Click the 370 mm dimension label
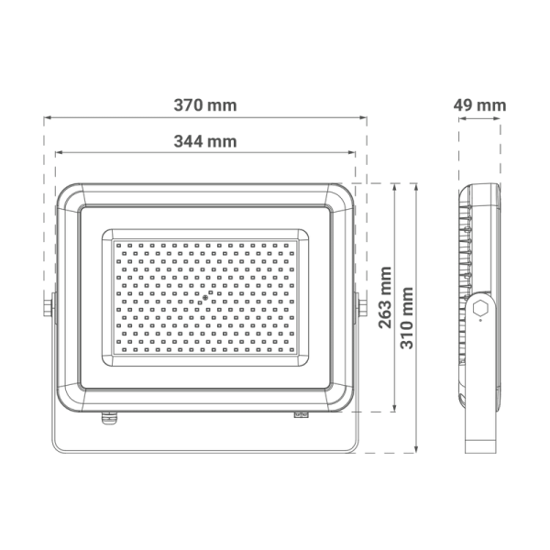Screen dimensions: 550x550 pos(205,105)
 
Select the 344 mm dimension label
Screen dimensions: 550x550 pos(205,141)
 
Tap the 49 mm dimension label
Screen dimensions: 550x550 pos(479,105)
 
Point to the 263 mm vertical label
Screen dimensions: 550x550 pos(385,297)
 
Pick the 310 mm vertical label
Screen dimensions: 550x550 pos(407,318)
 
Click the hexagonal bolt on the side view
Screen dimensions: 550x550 pos(480,308)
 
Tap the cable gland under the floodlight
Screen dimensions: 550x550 pos(109,418)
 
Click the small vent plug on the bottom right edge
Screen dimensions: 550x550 pos(301,414)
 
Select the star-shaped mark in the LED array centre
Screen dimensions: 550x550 pos(205,298)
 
